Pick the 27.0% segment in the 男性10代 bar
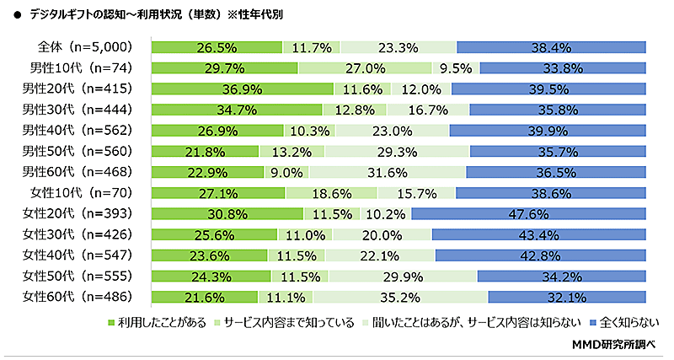(x=365, y=68)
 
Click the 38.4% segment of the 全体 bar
(x=551, y=47)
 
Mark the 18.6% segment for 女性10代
(x=331, y=193)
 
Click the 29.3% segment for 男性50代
(x=397, y=151)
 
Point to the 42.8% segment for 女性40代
(x=541, y=255)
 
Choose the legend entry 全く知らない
(x=629, y=322)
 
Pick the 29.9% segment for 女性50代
(x=403, y=276)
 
